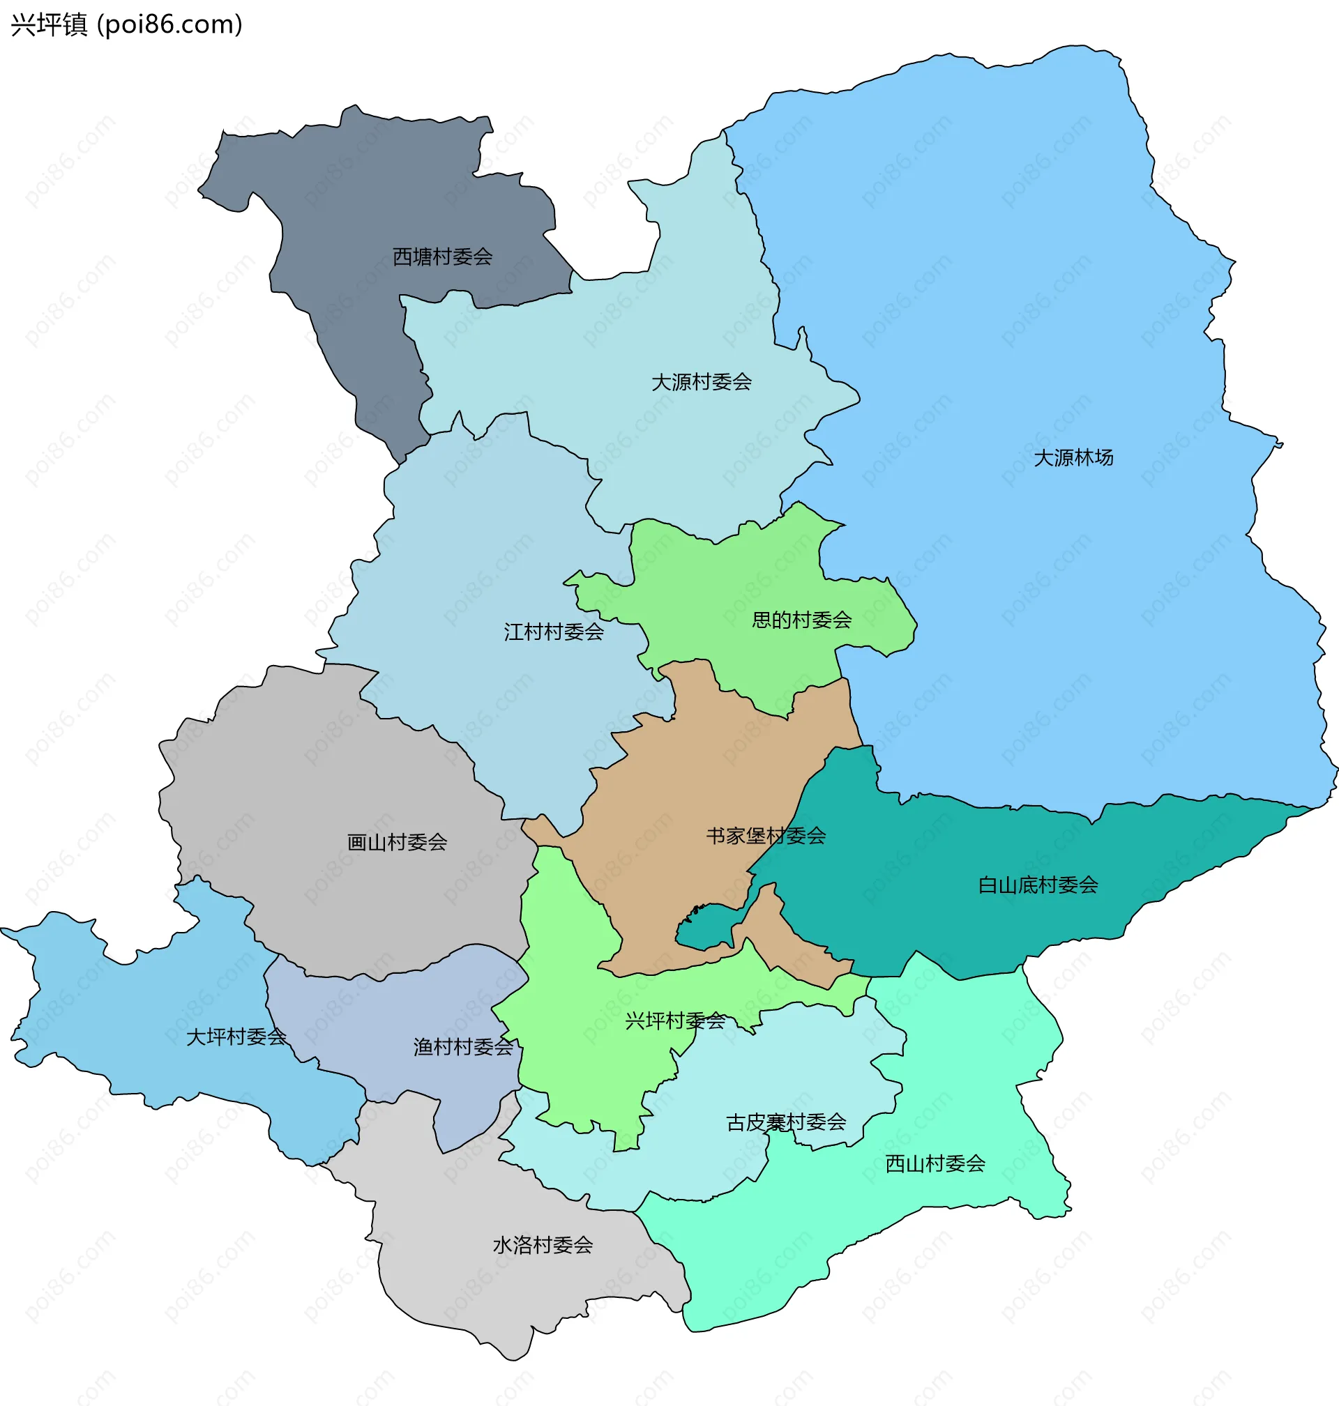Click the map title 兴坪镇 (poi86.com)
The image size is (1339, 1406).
pyautogui.click(x=126, y=25)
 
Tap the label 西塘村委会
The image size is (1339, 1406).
pyautogui.click(x=443, y=257)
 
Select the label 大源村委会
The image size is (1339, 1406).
pyautogui.click(x=702, y=383)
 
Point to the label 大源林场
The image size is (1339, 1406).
pyautogui.click(x=1073, y=458)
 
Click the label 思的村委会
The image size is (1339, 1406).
pyautogui.click(x=801, y=620)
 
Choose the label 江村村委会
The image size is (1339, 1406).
pyautogui.click(x=554, y=632)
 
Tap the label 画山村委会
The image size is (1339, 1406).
pyautogui.click(x=397, y=843)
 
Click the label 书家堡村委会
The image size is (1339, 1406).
pyautogui.click(x=766, y=835)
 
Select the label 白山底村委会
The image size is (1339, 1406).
pyautogui.click(x=1038, y=885)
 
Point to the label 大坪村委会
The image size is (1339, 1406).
pyautogui.click(x=236, y=1037)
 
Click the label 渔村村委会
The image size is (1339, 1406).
pyautogui.click(x=463, y=1047)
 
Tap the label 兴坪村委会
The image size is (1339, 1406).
pyautogui.click(x=675, y=1021)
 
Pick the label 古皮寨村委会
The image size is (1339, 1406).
pyautogui.click(x=786, y=1123)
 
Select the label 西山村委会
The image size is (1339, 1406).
pyautogui.click(x=935, y=1164)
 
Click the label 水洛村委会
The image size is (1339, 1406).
pyautogui.click(x=543, y=1246)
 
